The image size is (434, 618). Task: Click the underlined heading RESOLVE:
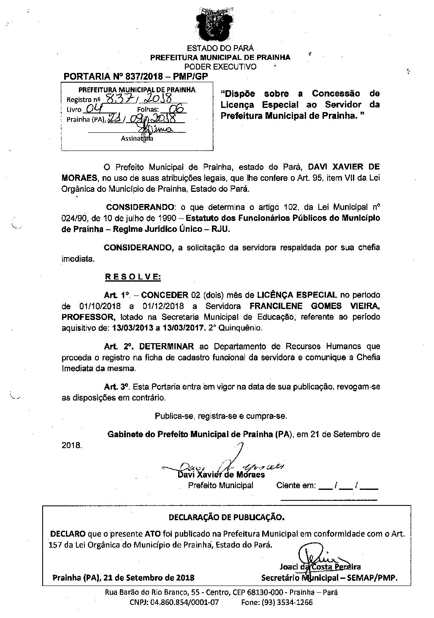[x=132, y=277]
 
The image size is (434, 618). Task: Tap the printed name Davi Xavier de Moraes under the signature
[x=221, y=475]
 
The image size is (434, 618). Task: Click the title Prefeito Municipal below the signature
[x=220, y=485]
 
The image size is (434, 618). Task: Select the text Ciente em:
[x=296, y=485]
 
